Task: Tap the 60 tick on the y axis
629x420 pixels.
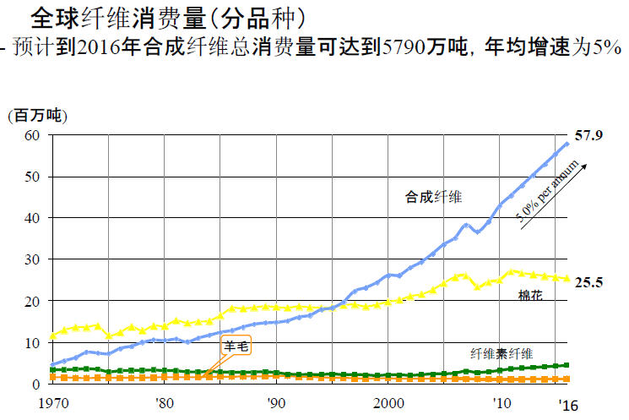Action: [31, 136]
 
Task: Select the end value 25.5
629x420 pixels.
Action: [588, 282]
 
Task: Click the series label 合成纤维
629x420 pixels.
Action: [434, 198]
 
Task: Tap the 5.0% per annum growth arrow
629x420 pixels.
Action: [556, 195]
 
